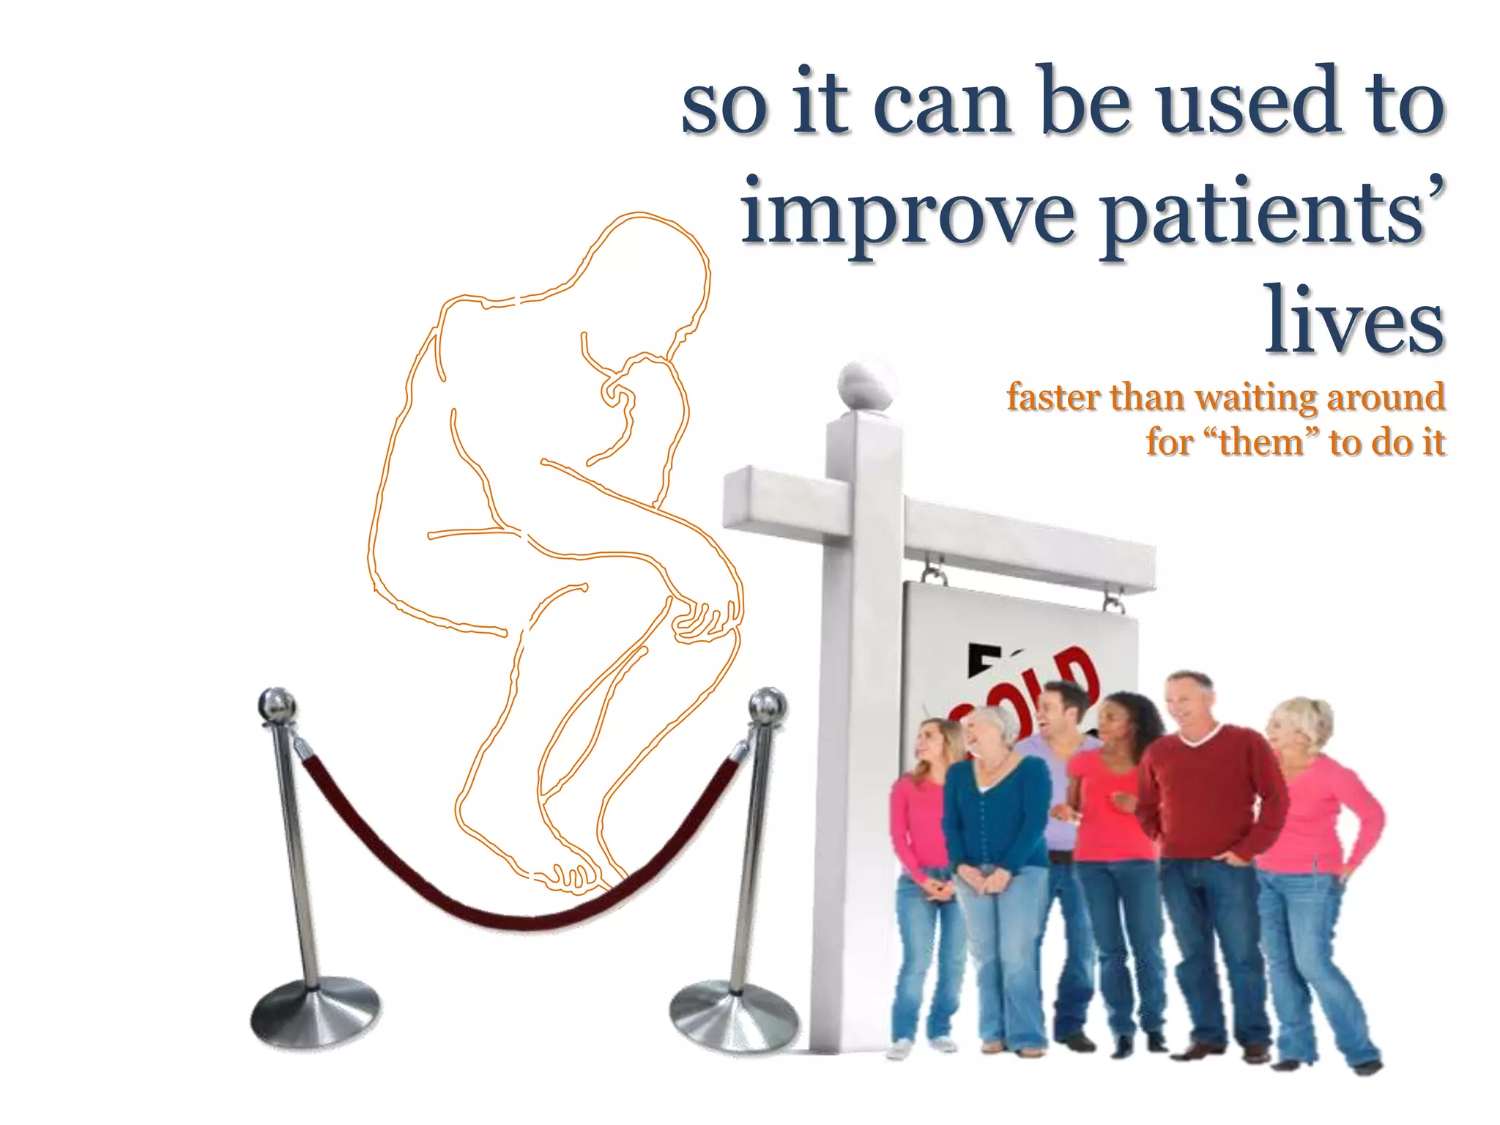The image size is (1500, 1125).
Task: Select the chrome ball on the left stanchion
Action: (277, 705)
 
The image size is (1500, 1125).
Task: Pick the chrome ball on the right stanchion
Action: (767, 705)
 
